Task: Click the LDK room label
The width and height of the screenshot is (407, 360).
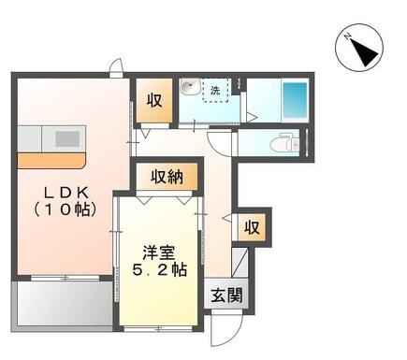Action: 66,202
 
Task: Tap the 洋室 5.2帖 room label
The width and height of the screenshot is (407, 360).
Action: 159,261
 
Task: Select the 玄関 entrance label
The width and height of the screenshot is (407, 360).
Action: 226,295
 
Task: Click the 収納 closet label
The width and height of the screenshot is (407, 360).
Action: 167,177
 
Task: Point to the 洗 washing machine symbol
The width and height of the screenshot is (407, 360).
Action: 215,90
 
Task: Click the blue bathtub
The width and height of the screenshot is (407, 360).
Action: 295,100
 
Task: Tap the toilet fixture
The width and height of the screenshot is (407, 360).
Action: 284,143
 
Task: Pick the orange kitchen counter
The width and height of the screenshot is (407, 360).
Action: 51,161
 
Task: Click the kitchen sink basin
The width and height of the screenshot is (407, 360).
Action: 67,138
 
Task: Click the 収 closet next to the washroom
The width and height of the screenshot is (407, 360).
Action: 154,100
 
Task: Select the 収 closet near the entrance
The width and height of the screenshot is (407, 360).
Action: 252,227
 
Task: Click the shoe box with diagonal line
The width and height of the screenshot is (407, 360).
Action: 240,263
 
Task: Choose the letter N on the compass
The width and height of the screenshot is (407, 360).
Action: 347,36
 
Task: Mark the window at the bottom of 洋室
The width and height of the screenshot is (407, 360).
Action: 158,328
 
